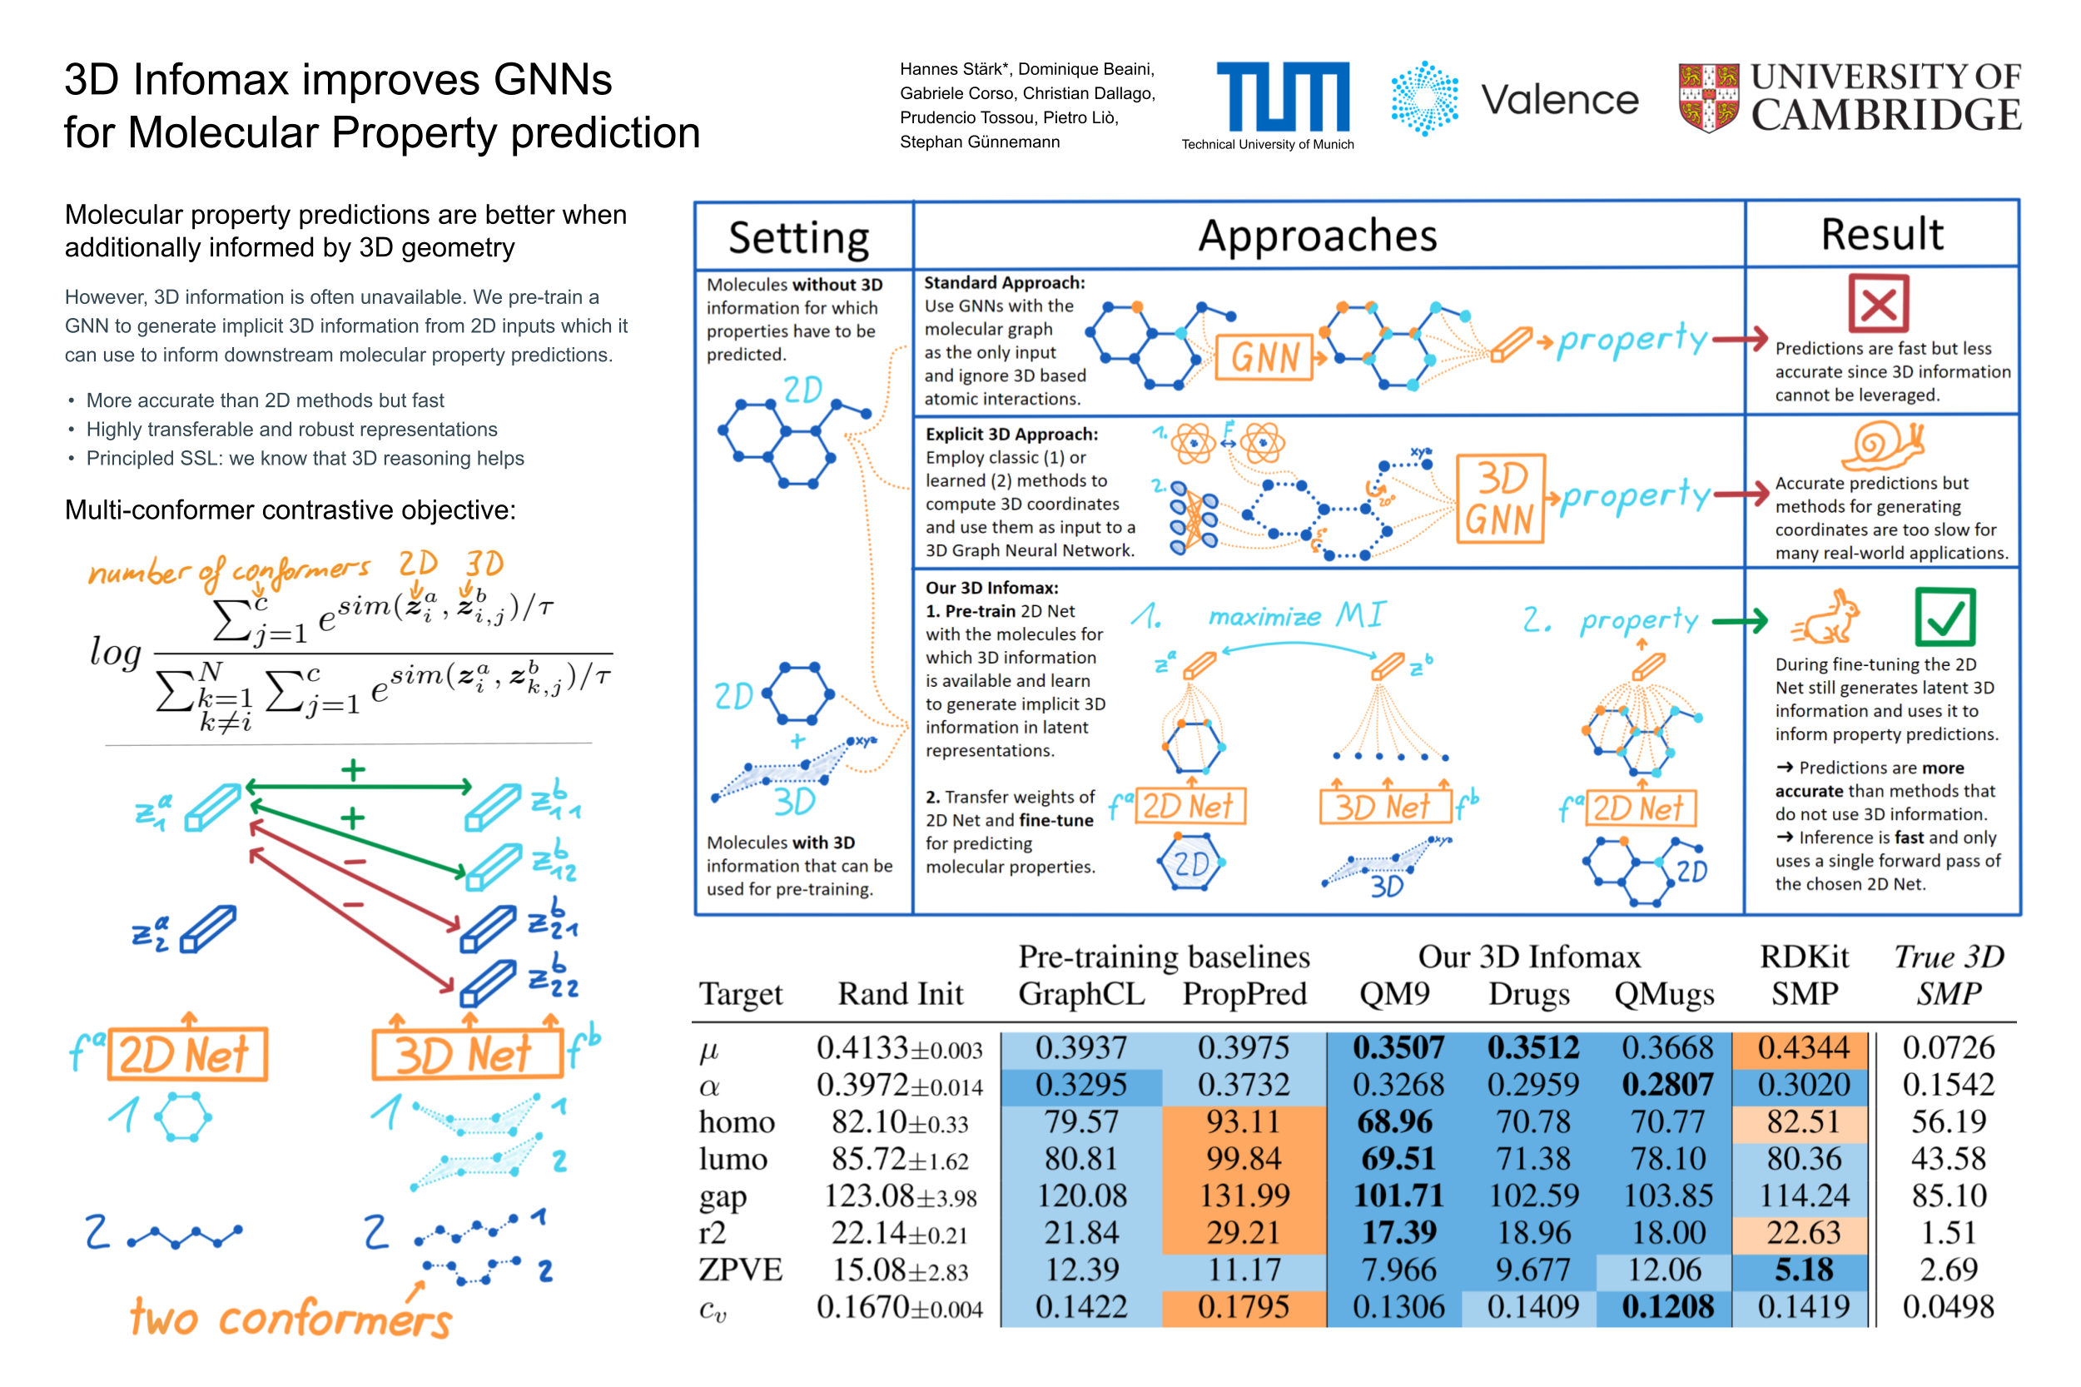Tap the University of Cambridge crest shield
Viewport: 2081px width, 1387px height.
(1708, 97)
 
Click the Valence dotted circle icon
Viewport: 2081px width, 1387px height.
(1424, 98)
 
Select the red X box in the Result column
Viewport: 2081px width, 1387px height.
(1878, 302)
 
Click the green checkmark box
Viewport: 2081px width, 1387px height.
(1944, 617)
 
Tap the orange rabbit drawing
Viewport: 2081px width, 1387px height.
(1827, 617)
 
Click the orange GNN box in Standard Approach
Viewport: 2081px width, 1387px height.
(1264, 357)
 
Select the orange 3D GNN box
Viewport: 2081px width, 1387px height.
(1500, 498)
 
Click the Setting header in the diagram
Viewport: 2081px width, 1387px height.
(798, 237)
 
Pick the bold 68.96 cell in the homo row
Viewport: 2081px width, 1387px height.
(1395, 1121)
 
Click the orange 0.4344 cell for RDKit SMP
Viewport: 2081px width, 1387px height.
(1802, 1048)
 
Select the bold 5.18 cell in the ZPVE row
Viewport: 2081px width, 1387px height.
(1802, 1270)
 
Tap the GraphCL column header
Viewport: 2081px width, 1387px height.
(1080, 994)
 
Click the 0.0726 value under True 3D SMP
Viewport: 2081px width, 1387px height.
(1949, 1048)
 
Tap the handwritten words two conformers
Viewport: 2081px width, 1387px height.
(291, 1319)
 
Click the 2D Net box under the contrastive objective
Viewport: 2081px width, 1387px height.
(186, 1054)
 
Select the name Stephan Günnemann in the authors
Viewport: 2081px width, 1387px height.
(979, 142)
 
